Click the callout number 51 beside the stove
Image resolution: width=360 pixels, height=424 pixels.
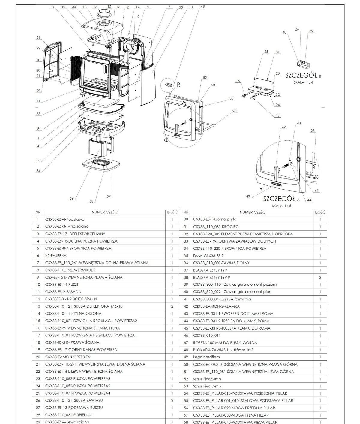tap(38, 37)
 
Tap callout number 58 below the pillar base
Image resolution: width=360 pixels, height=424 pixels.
tap(91, 201)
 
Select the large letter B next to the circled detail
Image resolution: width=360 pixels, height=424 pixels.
tap(178, 85)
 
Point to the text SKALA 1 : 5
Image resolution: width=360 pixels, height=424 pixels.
tap(281, 206)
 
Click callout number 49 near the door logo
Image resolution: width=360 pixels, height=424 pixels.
tap(248, 196)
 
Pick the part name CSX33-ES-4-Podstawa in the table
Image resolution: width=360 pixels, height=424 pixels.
tap(65, 219)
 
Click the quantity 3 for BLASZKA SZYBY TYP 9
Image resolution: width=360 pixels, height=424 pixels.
tap(320, 277)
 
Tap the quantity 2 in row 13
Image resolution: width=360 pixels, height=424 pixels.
tap(172, 306)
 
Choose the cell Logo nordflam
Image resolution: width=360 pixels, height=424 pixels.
tap(203, 357)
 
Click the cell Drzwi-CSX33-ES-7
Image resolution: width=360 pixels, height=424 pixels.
tap(208, 255)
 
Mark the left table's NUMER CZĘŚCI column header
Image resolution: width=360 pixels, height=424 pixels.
tap(105, 212)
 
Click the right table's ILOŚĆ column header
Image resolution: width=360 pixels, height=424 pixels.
tap(320, 212)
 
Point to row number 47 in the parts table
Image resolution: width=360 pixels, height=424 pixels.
tap(186, 342)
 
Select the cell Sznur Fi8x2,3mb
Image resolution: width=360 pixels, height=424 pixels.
tap(207, 379)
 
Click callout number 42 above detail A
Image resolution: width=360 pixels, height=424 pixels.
tap(283, 127)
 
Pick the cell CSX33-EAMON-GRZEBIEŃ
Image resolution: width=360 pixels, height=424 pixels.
tap(68, 357)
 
